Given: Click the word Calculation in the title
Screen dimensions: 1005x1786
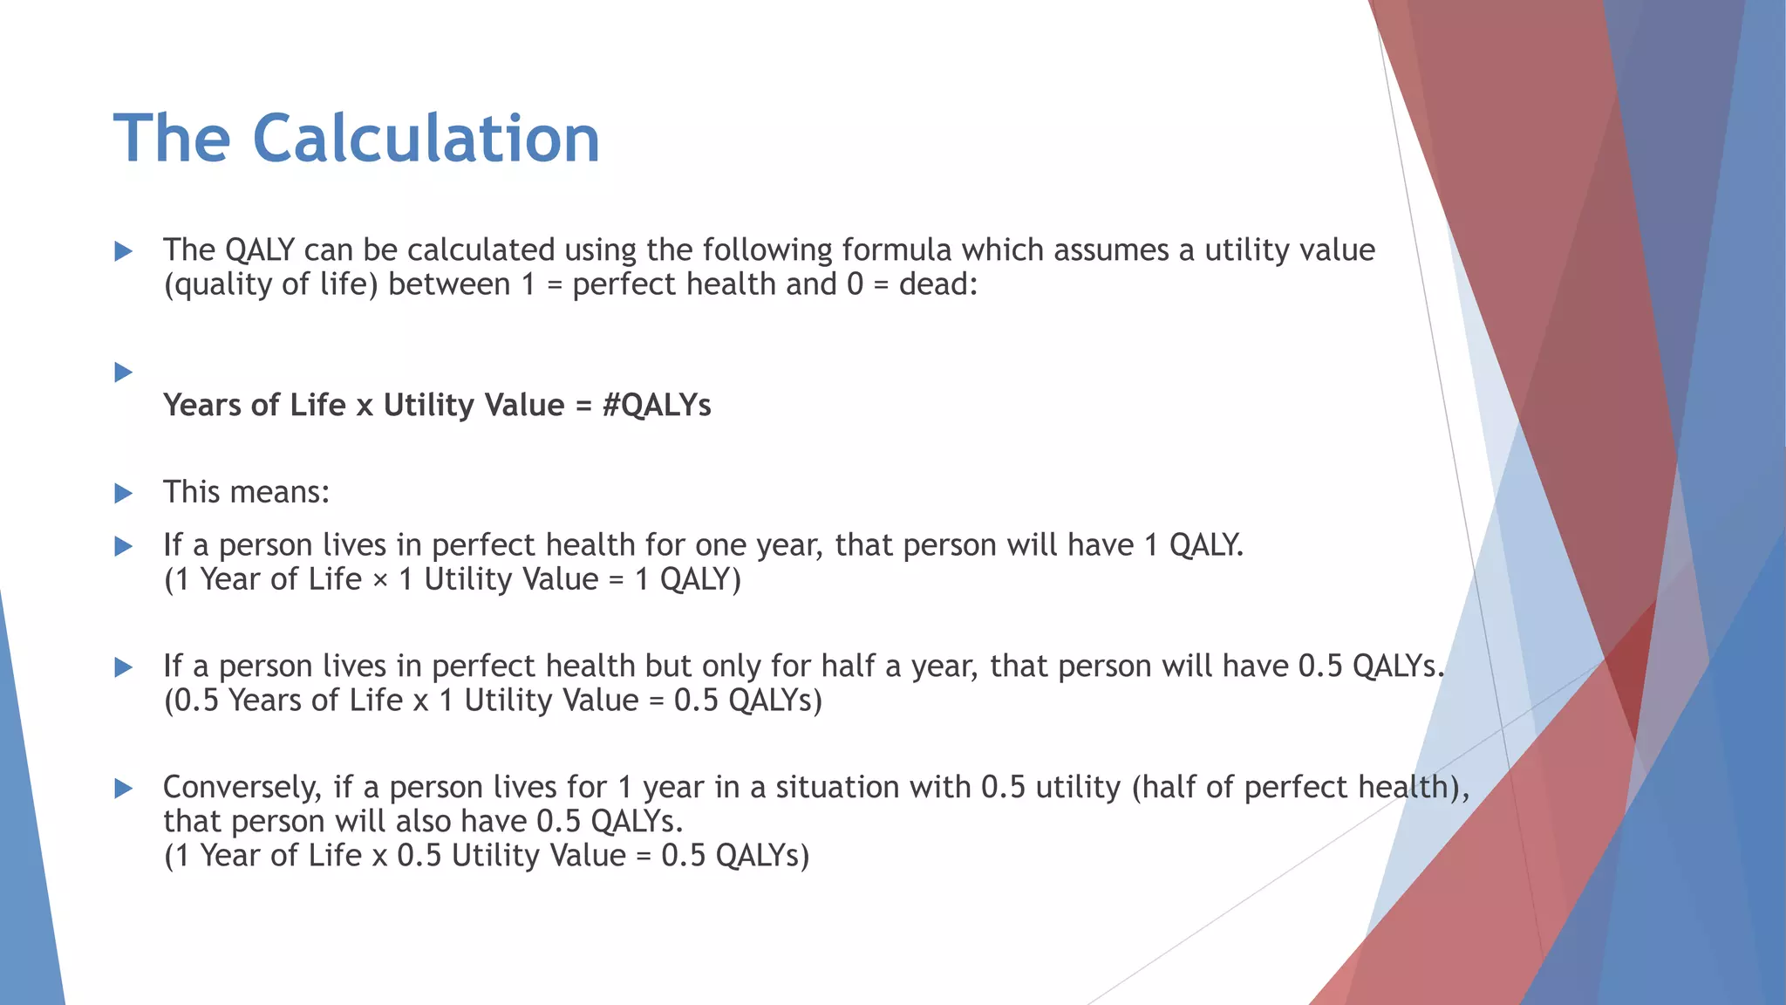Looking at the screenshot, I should (426, 139).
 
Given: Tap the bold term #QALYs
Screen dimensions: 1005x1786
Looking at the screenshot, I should (656, 406).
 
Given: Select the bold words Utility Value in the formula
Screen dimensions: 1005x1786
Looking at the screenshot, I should (474, 406).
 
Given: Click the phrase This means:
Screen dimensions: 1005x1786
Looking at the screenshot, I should (246, 492).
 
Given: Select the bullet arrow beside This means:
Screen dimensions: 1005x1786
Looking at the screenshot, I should (123, 494).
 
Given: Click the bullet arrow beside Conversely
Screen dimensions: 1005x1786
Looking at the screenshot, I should (123, 789).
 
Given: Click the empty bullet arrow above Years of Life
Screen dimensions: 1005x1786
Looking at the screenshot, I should (123, 373).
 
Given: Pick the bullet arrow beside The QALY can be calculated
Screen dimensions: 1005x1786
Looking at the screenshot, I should (123, 252).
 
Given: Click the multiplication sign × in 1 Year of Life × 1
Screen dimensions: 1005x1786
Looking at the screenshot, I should (379, 580).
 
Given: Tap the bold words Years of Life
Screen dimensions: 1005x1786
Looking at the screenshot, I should (254, 406).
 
